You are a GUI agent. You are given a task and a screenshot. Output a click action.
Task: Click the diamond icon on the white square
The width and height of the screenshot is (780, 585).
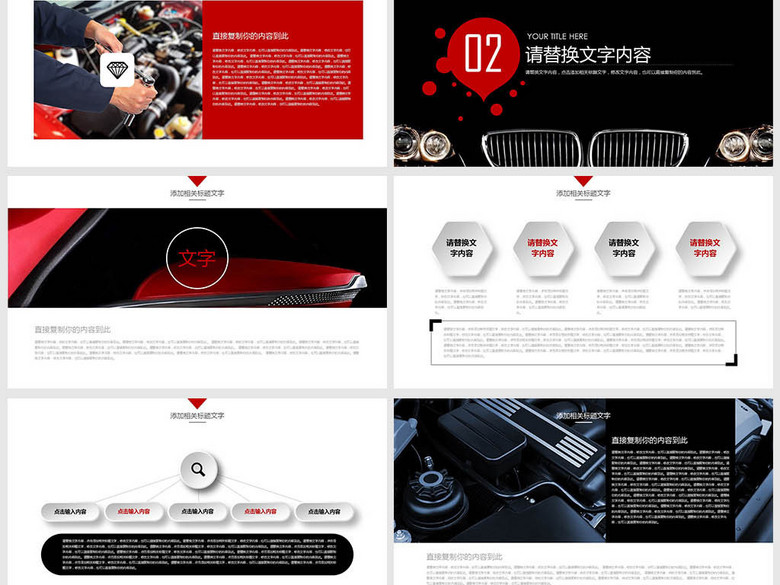tap(117, 69)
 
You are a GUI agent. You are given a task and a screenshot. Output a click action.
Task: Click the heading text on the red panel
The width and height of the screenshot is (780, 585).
tap(250, 36)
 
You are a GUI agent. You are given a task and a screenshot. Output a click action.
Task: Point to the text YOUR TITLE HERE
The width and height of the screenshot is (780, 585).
tap(557, 36)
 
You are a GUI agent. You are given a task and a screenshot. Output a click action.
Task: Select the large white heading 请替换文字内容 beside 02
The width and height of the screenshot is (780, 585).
tap(588, 55)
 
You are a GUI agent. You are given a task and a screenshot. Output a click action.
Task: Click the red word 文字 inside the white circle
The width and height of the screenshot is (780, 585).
tap(197, 259)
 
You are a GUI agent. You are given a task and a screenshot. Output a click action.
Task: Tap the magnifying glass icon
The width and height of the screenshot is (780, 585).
tap(198, 469)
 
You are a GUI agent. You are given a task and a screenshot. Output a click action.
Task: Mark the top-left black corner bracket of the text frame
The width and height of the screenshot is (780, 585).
tap(435, 325)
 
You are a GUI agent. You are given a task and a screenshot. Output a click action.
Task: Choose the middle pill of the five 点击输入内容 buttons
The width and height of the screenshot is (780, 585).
tap(198, 511)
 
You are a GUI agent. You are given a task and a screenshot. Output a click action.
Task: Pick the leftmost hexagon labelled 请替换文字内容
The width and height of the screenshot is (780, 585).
tap(461, 248)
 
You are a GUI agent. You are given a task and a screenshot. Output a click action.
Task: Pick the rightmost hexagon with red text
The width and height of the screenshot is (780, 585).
tap(705, 248)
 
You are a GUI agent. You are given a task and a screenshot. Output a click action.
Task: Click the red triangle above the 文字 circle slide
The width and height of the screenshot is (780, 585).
tap(197, 181)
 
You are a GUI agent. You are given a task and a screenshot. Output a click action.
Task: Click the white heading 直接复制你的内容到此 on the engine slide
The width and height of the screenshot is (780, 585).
tap(650, 440)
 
